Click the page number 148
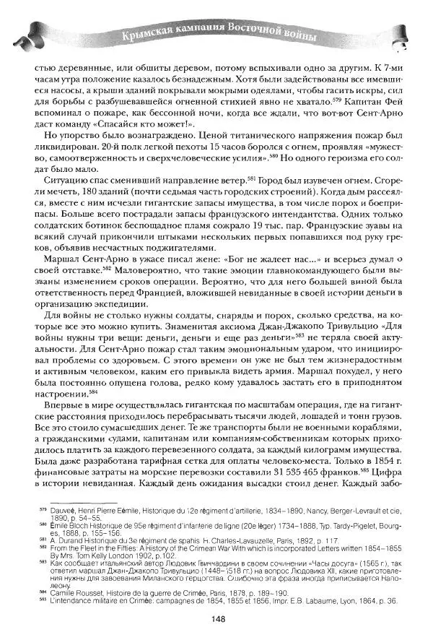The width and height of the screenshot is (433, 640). tap(216, 618)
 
